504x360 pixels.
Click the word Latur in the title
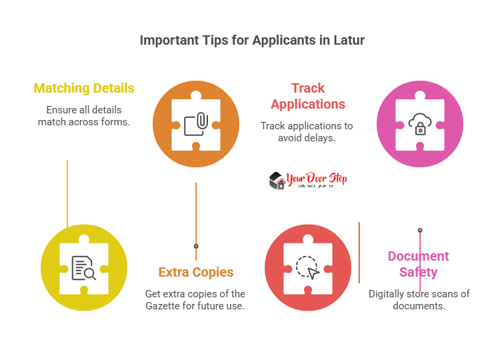(x=347, y=40)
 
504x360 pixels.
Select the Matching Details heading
(x=84, y=88)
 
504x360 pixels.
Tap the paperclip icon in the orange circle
(x=197, y=123)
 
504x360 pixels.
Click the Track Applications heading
(x=307, y=96)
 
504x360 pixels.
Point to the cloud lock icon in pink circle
(x=420, y=123)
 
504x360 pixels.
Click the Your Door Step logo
(x=308, y=180)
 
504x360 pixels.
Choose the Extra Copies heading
(x=195, y=272)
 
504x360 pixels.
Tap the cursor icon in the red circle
(x=308, y=267)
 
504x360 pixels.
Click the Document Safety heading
(x=419, y=264)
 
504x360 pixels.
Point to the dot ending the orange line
(x=196, y=246)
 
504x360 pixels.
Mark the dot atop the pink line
(x=420, y=230)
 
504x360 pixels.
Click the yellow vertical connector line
(x=67, y=193)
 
